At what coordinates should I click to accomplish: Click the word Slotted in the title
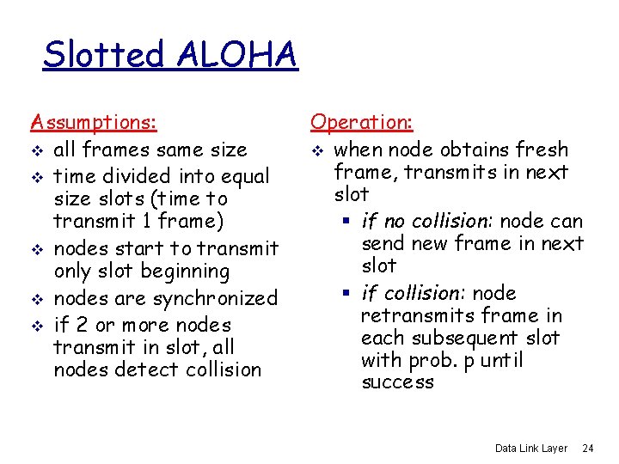[103, 55]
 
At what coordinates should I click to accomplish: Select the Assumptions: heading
[94, 123]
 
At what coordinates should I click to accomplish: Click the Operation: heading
[362, 123]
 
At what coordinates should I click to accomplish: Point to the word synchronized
[215, 299]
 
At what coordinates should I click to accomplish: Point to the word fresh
[538, 150]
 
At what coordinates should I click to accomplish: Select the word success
[398, 382]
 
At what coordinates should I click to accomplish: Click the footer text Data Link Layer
[531, 449]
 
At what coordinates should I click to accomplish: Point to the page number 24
[589, 449]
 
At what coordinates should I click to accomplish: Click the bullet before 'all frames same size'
[35, 150]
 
